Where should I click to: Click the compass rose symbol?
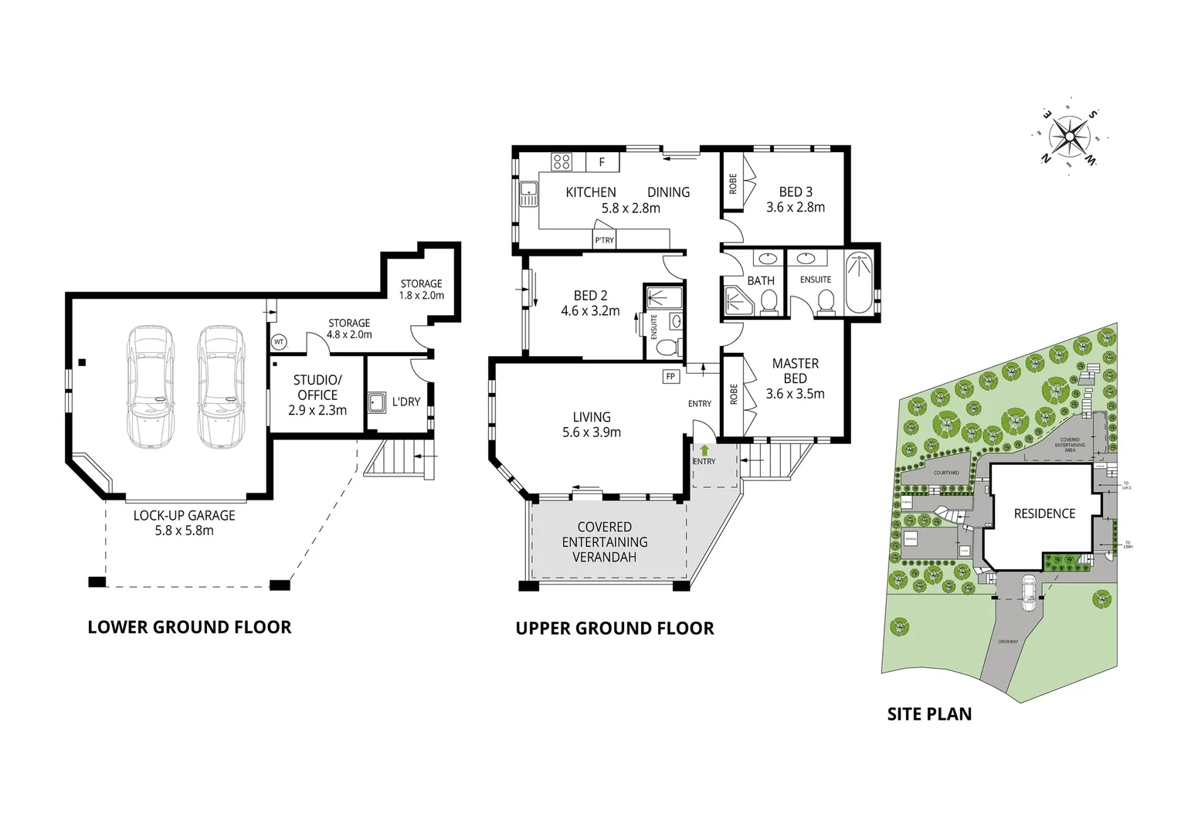[x=1069, y=137]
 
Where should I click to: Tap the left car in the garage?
[x=151, y=386]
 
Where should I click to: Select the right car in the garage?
[x=220, y=386]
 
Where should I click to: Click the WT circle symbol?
[x=279, y=341]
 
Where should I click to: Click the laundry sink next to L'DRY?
[x=377, y=402]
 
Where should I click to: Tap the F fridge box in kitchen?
[x=602, y=162]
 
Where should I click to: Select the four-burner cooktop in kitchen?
[x=562, y=161]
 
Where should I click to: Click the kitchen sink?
[x=529, y=193]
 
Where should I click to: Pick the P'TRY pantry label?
[x=604, y=240]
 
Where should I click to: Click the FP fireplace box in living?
[x=670, y=377]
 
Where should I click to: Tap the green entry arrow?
[x=704, y=449]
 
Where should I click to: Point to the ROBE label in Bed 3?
[x=733, y=184]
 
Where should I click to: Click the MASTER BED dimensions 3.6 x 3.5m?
[x=795, y=394]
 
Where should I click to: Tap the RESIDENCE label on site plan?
[x=1044, y=514]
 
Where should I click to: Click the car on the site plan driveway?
[x=1029, y=593]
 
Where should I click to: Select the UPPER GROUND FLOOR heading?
[x=615, y=629]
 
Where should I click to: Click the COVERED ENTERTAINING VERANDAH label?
[x=605, y=541]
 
